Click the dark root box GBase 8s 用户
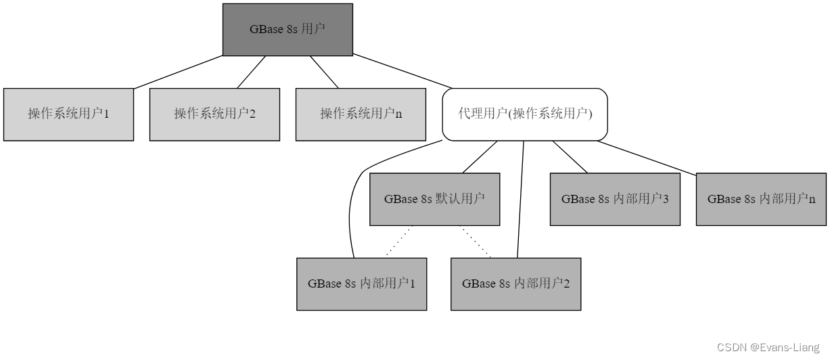click(x=287, y=29)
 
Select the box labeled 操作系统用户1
click(x=68, y=114)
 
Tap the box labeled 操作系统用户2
click(x=214, y=114)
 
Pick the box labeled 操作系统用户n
click(x=361, y=114)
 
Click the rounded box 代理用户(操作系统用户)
click(x=525, y=114)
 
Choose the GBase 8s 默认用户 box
click(x=434, y=199)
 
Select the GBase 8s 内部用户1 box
click(x=361, y=284)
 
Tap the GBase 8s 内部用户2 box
click(x=515, y=284)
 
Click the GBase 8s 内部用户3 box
click(x=615, y=199)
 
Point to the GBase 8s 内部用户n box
click(x=761, y=199)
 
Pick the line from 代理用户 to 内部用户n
click(x=646, y=157)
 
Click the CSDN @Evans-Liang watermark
click(x=767, y=347)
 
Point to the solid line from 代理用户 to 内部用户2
click(x=521, y=199)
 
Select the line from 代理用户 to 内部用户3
click(x=570, y=156)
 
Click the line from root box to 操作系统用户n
click(x=324, y=72)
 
